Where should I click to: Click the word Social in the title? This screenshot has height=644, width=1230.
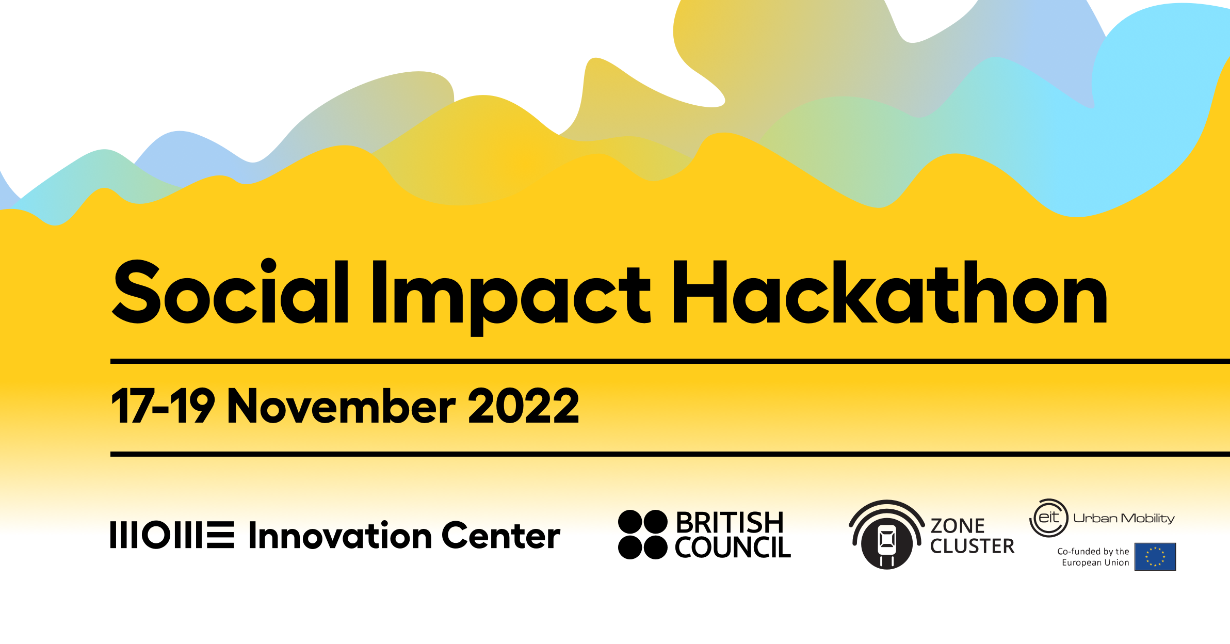click(x=230, y=291)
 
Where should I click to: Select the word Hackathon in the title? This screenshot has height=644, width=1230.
click(x=891, y=292)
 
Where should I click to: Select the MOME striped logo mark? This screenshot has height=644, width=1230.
click(x=172, y=535)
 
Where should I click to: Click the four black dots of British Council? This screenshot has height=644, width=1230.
click(x=643, y=535)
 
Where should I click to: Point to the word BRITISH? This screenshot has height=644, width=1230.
click(x=730, y=523)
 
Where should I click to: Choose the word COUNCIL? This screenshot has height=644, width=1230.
click(x=733, y=547)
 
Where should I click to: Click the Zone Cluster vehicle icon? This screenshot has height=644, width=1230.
click(x=887, y=535)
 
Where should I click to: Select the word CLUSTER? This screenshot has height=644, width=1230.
click(x=973, y=546)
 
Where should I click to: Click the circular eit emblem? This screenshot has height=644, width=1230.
click(x=1049, y=518)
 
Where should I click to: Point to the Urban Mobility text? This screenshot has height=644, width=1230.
click(x=1124, y=518)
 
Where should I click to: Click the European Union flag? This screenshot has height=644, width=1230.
click(x=1155, y=557)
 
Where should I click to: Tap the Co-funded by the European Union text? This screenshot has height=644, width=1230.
click(x=1093, y=557)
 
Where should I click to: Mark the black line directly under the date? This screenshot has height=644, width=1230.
click(x=670, y=454)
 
